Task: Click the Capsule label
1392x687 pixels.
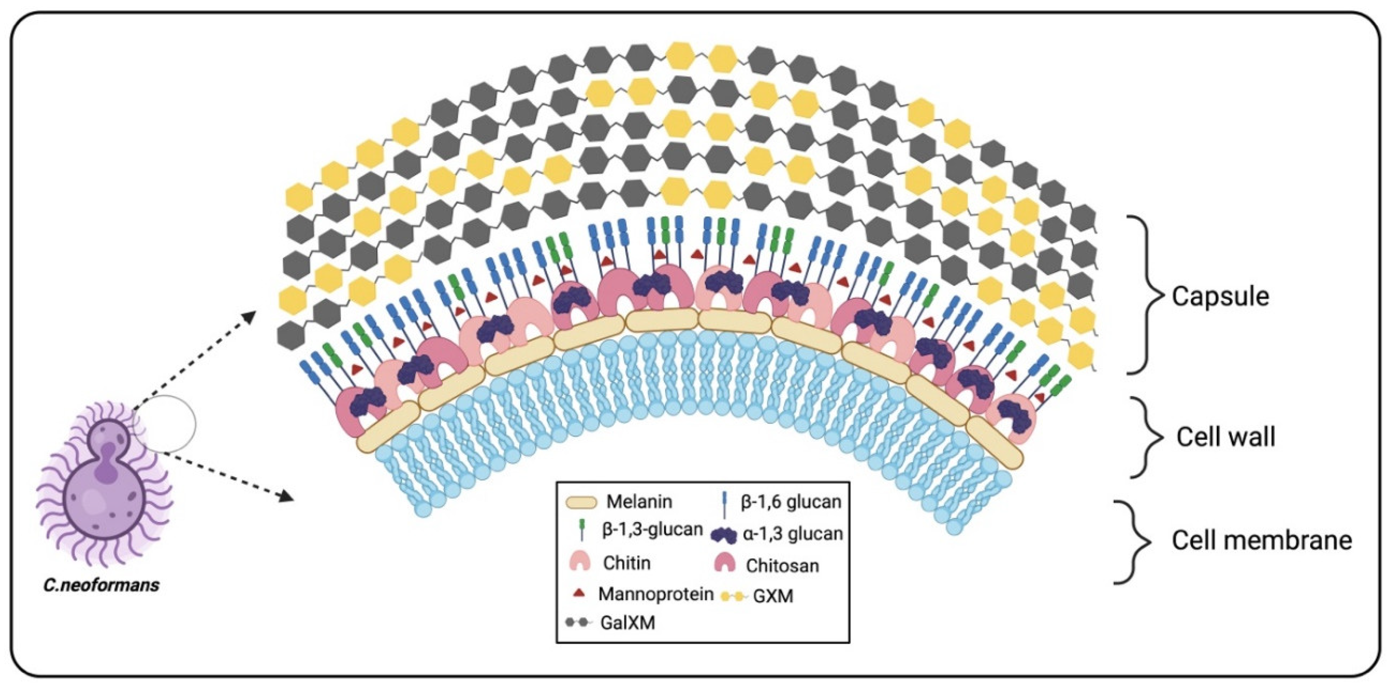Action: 1220,297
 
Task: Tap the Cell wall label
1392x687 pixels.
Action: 1225,437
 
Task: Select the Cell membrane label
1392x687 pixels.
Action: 1262,541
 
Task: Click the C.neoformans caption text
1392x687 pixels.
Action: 102,585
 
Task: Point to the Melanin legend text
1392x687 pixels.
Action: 639,502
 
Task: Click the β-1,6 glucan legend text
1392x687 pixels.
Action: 791,502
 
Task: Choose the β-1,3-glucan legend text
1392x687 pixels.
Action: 652,530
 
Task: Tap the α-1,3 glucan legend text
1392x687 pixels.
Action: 792,534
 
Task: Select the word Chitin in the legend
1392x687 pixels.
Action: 627,563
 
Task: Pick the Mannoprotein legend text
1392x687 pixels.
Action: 656,595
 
